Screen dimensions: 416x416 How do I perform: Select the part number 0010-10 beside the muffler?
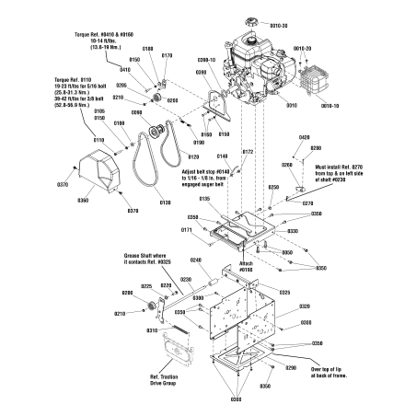329,106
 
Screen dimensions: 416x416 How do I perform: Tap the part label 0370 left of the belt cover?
63,185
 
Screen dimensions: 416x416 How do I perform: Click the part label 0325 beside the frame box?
284,293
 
